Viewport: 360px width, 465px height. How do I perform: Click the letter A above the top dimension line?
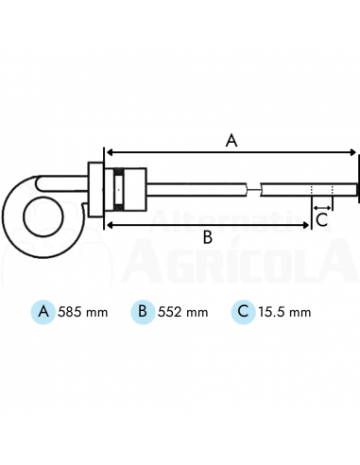point(231,141)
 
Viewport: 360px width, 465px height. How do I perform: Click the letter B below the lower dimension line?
point(208,237)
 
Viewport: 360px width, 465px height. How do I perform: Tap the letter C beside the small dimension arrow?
point(322,219)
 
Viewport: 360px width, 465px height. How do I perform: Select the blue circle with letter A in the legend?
point(43,312)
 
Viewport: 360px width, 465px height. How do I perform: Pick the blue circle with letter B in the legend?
point(143,312)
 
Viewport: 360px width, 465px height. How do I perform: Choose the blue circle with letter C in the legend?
point(243,312)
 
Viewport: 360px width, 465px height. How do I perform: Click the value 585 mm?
point(83,312)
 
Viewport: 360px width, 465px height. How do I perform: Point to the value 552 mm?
point(183,312)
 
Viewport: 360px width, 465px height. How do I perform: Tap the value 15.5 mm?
point(284,312)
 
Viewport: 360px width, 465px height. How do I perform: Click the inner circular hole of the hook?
point(43,216)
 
